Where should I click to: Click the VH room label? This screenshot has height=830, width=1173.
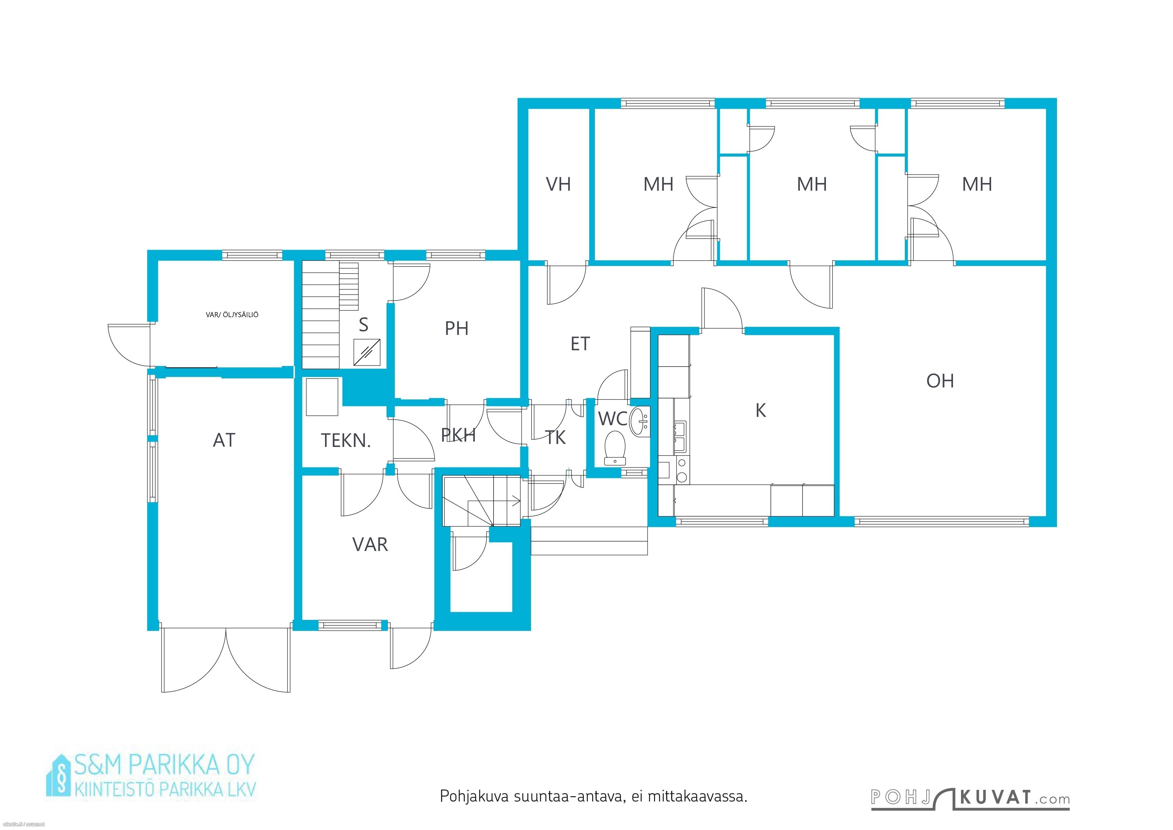click(x=558, y=184)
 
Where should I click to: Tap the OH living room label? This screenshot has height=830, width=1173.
click(x=940, y=381)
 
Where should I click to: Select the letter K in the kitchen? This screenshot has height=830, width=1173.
click(x=761, y=410)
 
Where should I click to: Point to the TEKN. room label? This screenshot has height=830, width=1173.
click(x=346, y=441)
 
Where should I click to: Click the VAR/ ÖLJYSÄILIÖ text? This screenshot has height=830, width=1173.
click(x=232, y=315)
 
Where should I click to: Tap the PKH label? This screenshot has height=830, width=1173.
click(x=458, y=436)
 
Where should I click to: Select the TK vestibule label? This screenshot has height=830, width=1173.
click(x=555, y=438)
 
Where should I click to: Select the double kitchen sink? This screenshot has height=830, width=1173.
click(x=680, y=438)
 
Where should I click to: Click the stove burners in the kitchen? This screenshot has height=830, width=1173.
click(x=681, y=470)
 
